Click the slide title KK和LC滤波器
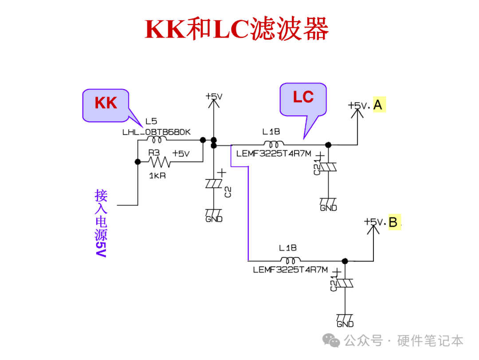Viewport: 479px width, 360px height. click(237, 29)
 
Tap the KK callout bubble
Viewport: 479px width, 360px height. click(106, 104)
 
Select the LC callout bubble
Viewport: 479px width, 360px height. click(303, 98)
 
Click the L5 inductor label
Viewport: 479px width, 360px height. click(151, 122)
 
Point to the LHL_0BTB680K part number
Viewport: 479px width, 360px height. click(156, 132)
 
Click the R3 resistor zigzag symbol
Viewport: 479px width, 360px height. click(159, 162)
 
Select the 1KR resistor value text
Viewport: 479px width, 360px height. click(157, 175)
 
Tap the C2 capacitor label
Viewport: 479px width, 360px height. click(228, 192)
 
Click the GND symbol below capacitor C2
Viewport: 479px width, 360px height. click(214, 216)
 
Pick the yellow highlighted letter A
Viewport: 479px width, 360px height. click(378, 105)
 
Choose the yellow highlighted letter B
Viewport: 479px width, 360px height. click(393, 222)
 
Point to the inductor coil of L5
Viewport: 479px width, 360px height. click(156, 139)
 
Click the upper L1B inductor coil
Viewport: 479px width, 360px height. click(274, 144)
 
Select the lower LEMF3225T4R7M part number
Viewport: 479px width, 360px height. click(290, 269)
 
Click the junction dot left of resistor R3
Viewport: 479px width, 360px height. click(137, 162)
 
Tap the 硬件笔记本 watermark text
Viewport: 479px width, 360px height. click(430, 341)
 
